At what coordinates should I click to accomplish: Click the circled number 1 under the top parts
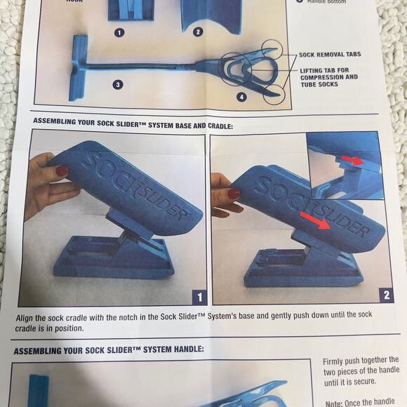pyautogui.click(x=119, y=32)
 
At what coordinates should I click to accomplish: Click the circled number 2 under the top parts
pyautogui.click(x=198, y=32)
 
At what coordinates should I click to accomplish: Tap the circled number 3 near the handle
pyautogui.click(x=119, y=85)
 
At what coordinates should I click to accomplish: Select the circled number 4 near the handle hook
pyautogui.click(x=242, y=97)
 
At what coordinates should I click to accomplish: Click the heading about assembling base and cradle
pyautogui.click(x=133, y=124)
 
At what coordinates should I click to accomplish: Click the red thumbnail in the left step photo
pyautogui.click(x=61, y=171)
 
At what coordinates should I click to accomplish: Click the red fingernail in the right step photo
pyautogui.click(x=234, y=194)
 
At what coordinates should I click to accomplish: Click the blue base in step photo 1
pyautogui.click(x=112, y=260)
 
